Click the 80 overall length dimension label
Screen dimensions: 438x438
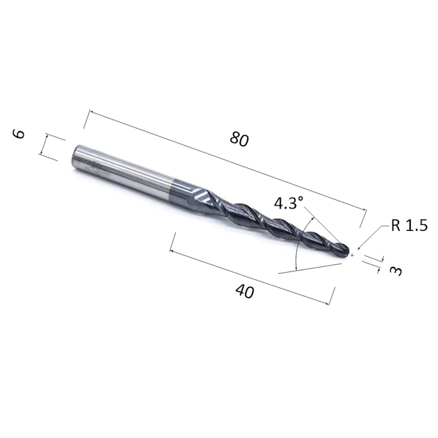click(239, 139)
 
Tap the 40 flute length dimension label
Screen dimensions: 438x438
click(245, 291)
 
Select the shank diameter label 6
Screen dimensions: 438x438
click(18, 134)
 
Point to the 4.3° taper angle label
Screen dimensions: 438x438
click(289, 203)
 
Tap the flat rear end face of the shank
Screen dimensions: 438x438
click(76, 156)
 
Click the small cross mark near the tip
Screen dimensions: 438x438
click(353, 255)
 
